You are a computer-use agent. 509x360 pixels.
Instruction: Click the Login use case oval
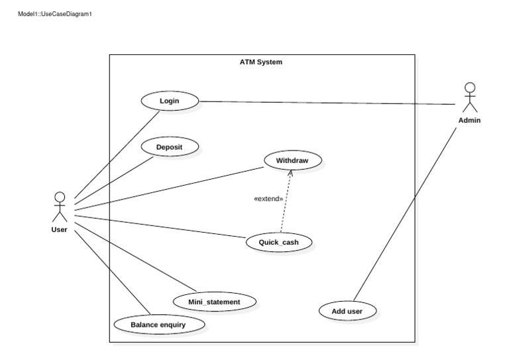point(170,101)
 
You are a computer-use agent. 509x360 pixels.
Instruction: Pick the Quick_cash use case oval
point(278,242)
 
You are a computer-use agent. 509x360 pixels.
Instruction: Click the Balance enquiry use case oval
point(158,325)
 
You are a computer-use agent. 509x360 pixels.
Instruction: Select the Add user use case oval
point(347,310)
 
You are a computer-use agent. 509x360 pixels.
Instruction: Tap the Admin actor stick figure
point(469,98)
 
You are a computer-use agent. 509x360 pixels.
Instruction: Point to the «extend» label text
point(268,198)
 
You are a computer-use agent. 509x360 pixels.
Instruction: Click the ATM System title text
point(260,62)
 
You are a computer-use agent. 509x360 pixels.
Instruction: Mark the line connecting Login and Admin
point(331,103)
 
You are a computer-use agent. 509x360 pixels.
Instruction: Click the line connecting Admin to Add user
point(408,212)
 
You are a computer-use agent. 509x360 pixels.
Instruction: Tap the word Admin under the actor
point(469,121)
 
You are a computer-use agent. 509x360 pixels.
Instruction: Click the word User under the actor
point(59,230)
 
